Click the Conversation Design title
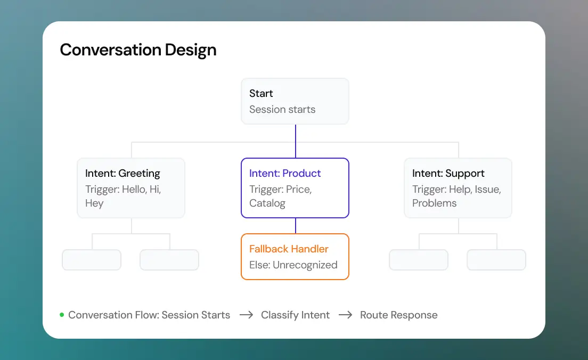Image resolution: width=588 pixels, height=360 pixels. pos(138,50)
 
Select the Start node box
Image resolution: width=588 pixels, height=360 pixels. pos(295,101)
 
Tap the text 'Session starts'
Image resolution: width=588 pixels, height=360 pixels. pos(282,110)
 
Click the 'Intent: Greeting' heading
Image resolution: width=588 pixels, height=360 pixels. pos(123,173)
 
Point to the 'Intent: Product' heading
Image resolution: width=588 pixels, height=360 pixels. pos(285,173)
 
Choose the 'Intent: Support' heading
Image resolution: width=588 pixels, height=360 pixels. pos(448,173)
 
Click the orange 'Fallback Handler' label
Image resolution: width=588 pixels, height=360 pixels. pos(289,249)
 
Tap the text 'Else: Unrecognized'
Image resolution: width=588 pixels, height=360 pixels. pos(293,265)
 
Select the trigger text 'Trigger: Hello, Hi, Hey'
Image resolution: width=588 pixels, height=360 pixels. pos(123,196)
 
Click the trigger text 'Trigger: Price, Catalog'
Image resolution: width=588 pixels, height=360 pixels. pos(281,196)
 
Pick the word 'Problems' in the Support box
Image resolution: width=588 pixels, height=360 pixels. pos(434,203)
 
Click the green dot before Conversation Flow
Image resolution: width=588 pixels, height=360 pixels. pos(62,315)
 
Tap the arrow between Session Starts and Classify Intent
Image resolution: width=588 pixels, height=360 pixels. pos(246,315)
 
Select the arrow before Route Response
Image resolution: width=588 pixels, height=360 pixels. pos(345,315)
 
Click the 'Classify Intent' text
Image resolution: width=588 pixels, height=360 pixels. pos(295,315)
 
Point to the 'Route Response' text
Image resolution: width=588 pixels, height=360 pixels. pos(398,315)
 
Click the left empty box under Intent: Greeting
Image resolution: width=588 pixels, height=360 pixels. pos(92,260)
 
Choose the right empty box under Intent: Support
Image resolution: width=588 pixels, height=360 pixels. pos(496,260)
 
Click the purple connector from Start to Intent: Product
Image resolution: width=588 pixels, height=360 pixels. pos(296,141)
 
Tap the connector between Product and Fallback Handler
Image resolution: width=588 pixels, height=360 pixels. pos(296,226)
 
